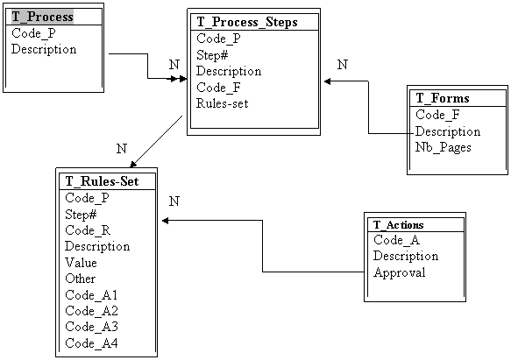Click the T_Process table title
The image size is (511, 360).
coord(42,17)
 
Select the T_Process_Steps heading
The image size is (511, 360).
coord(247,22)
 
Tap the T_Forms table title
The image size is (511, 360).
coord(443,98)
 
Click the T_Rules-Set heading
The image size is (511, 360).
coord(102,181)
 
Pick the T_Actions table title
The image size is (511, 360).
coord(398,225)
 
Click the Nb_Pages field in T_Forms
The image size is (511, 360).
coord(444,147)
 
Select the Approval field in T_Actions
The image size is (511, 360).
coord(399,272)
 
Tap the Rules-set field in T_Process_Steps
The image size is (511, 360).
coord(223,103)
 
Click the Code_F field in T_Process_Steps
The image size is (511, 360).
coord(218,88)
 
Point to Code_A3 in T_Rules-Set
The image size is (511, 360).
coord(91,327)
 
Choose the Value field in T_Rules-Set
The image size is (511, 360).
coord(81,263)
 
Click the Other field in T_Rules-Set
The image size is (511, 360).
coord(80,279)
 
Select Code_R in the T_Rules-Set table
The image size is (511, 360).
coord(88,230)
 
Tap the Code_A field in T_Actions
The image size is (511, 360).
coord(396,240)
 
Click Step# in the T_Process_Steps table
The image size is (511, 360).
coord(212,55)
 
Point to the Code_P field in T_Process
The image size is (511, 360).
coord(33,33)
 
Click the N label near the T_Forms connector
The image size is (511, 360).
coord(343,65)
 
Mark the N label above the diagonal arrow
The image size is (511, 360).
coord(122,149)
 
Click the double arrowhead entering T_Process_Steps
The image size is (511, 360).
coord(177,79)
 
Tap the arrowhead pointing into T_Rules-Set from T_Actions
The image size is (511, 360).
coord(166,221)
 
